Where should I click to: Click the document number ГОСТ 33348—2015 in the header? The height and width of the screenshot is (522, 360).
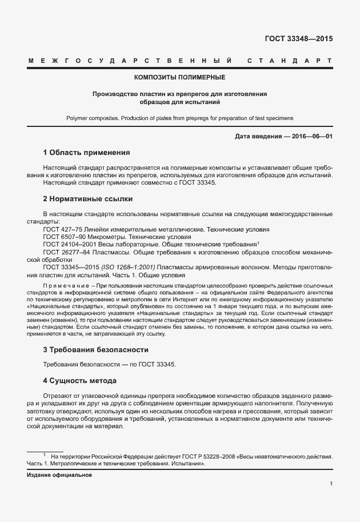298,39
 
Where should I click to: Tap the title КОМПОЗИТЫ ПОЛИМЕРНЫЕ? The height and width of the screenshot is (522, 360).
179,77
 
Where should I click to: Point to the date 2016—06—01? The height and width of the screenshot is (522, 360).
312,137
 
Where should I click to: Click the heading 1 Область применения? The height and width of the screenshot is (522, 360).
87,153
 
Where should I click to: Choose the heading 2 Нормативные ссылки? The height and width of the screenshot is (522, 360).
88,199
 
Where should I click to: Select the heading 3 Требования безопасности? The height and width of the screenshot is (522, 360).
96,349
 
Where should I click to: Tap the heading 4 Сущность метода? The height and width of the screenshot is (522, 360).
80,380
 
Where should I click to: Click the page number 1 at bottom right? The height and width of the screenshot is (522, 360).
331,484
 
